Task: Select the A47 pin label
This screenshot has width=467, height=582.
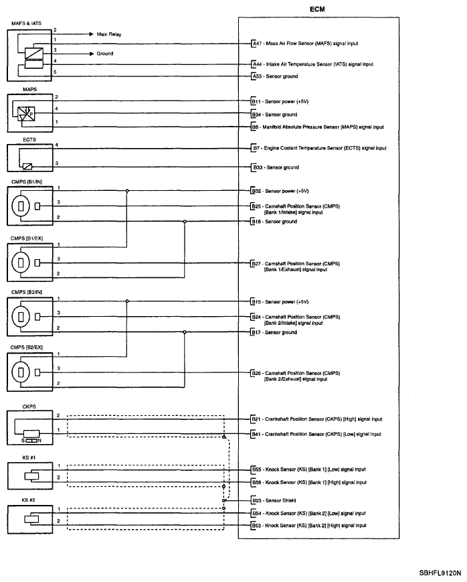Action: click(x=257, y=43)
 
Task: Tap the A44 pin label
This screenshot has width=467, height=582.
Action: click(x=257, y=64)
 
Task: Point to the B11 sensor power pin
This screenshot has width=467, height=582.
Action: click(x=256, y=102)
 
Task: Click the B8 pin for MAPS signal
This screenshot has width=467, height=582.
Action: click(x=256, y=127)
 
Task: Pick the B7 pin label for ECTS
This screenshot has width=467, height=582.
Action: click(x=256, y=148)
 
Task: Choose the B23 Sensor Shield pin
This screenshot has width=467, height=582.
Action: click(x=257, y=500)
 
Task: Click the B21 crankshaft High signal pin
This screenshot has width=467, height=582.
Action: click(x=257, y=419)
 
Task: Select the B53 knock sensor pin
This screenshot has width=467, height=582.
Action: click(x=257, y=526)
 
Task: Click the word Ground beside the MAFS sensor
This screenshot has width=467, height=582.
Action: click(x=105, y=54)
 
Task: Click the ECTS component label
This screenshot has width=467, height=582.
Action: click(x=13, y=139)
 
